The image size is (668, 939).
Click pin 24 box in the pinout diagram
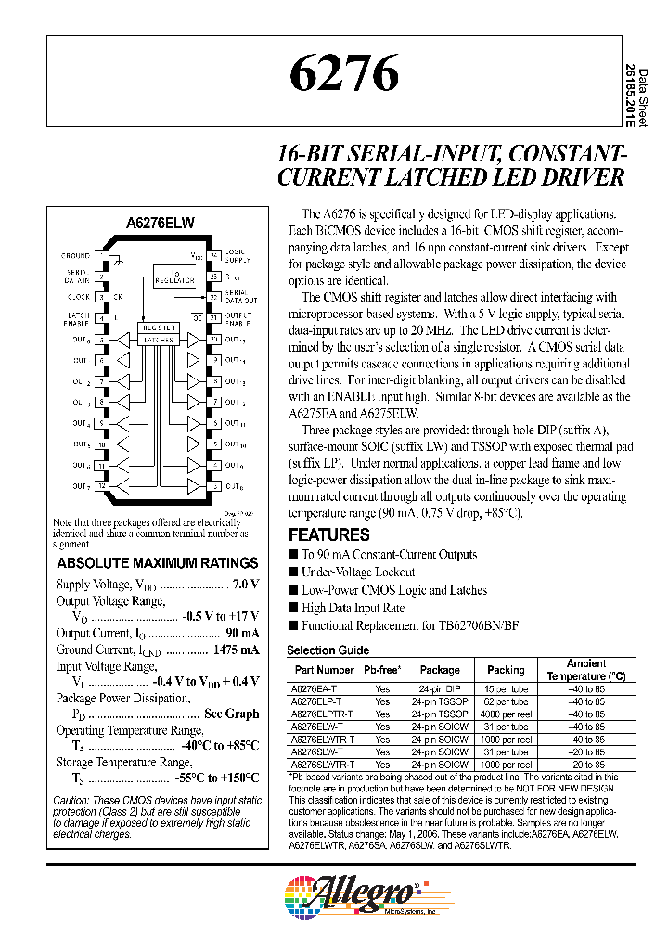(x=213, y=254)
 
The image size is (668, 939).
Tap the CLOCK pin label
(x=78, y=297)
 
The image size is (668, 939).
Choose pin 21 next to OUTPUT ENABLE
(x=213, y=318)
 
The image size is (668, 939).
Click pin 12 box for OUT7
(x=102, y=486)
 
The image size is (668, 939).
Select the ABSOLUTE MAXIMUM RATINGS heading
(x=158, y=563)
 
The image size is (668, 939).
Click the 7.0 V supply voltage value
(x=244, y=585)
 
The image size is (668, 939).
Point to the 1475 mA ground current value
(x=236, y=650)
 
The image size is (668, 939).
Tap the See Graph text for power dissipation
(x=231, y=714)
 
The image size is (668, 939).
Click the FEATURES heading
(x=328, y=535)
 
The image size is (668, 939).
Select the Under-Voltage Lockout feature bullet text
(x=358, y=572)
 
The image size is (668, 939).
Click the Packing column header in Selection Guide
(x=506, y=669)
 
